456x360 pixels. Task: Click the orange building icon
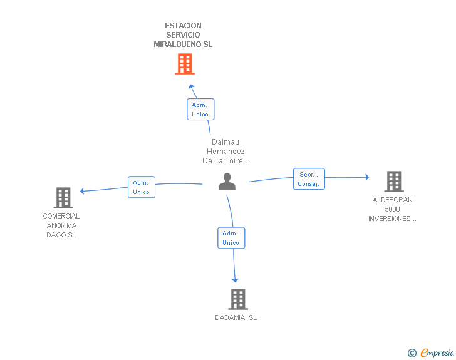[x=185, y=64]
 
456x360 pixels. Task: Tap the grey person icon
[x=227, y=181]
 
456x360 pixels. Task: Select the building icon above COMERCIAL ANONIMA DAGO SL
[x=63, y=198]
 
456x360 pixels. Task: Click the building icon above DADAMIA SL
[x=238, y=299]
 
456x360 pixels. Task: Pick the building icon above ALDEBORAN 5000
[x=394, y=182]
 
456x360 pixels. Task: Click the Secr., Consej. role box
[x=309, y=179]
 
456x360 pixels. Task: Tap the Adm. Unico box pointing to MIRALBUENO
[x=200, y=110]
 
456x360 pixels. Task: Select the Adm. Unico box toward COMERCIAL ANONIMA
[x=142, y=187]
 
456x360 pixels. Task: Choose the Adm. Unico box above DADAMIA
[x=231, y=238]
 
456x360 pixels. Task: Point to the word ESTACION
[x=183, y=26]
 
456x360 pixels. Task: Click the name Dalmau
[x=225, y=142]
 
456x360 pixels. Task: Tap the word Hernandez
[x=225, y=152]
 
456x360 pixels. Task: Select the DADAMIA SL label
[x=236, y=317]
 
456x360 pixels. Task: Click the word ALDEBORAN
[x=392, y=200]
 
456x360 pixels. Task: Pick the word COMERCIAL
[x=61, y=216]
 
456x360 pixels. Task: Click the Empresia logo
[x=431, y=352]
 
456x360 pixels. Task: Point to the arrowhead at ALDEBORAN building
[x=367, y=177]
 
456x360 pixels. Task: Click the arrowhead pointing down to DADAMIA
[x=235, y=280]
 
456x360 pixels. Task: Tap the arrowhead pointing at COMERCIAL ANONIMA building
[x=82, y=191]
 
